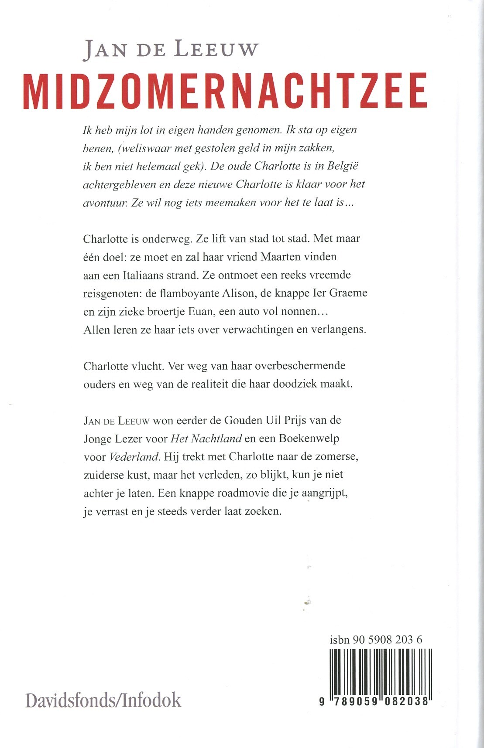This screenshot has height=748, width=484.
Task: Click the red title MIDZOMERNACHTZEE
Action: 225,91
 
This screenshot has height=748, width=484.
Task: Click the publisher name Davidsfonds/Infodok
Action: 103,700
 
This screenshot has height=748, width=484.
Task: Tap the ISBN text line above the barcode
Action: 376,640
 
